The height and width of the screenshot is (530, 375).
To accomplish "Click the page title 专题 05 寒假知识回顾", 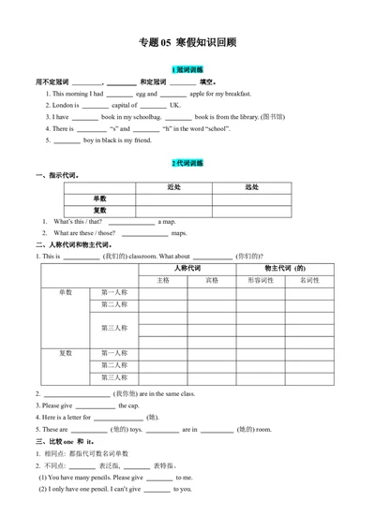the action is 187,41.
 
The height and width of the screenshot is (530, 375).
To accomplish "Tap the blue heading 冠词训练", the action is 187,70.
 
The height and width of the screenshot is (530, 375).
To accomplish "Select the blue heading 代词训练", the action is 187,163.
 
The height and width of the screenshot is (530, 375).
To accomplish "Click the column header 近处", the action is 173,187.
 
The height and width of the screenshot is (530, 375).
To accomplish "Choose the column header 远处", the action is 251,187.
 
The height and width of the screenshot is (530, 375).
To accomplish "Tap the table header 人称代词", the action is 187,268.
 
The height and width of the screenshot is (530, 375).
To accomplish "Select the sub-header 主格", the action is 163,280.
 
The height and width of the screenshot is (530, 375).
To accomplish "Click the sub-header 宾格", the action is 212,280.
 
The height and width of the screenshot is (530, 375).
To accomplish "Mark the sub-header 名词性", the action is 309,280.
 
